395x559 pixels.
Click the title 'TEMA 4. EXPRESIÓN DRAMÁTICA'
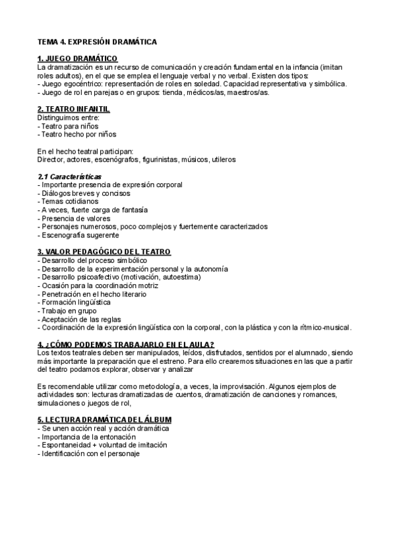coord(97,42)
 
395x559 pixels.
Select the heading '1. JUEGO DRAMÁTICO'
coord(77,59)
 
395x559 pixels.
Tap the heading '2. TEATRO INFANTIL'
coord(73,109)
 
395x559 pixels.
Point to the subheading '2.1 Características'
coord(69,177)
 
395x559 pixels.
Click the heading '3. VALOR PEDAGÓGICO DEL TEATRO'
coord(104,252)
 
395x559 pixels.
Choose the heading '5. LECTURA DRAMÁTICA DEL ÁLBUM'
coord(105,420)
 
